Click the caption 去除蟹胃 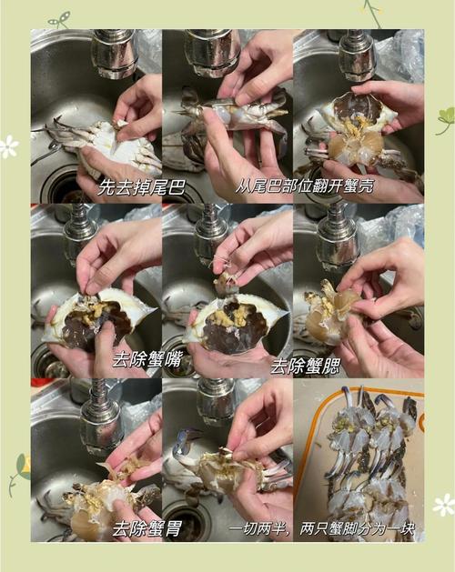[147, 527]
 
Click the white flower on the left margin [9, 146]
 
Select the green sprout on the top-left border [60, 19]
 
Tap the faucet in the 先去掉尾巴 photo [116, 52]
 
